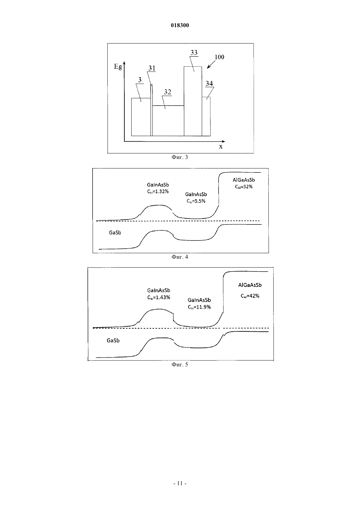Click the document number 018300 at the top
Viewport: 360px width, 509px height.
coord(180,25)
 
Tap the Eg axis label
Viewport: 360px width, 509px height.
coord(118,67)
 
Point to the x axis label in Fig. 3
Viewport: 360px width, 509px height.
coord(221,147)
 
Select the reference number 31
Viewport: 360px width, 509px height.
coord(152,68)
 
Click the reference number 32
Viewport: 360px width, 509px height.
coord(168,92)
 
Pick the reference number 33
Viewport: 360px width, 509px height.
coord(194,53)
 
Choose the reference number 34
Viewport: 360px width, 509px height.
coord(209,83)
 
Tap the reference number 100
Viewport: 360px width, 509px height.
coord(219,57)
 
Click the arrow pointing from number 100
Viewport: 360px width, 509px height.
coord(211,64)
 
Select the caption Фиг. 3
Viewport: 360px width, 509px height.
coord(180,157)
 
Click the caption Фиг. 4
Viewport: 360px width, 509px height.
coord(180,257)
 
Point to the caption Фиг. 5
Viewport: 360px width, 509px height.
coord(180,365)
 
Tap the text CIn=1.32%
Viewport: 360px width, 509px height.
coord(158,192)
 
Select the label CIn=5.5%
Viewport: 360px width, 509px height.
coord(196,201)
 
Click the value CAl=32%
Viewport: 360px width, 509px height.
coord(243,187)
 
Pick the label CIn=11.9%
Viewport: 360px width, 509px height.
coord(199,307)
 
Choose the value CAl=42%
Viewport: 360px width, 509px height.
coord(250,296)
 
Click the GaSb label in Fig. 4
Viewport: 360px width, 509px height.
coord(115,233)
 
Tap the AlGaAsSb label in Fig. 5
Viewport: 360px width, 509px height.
coord(250,285)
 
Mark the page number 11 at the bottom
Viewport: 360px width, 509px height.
coord(180,483)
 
